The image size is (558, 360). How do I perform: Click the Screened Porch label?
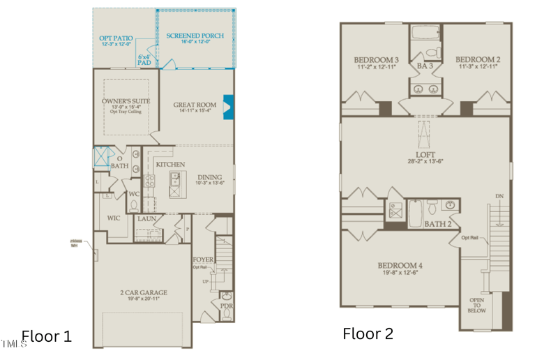194,36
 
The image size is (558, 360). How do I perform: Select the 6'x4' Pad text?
144,59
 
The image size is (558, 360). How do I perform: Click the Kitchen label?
170,165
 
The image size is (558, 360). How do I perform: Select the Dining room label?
209,177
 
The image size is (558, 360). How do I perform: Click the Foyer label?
203,260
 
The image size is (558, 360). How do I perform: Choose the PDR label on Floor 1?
226,306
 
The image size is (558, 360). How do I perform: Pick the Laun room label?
147,219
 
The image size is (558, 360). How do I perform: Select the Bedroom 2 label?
478,60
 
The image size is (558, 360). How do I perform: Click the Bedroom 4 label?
400,265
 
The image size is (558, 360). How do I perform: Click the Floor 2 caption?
368,333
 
